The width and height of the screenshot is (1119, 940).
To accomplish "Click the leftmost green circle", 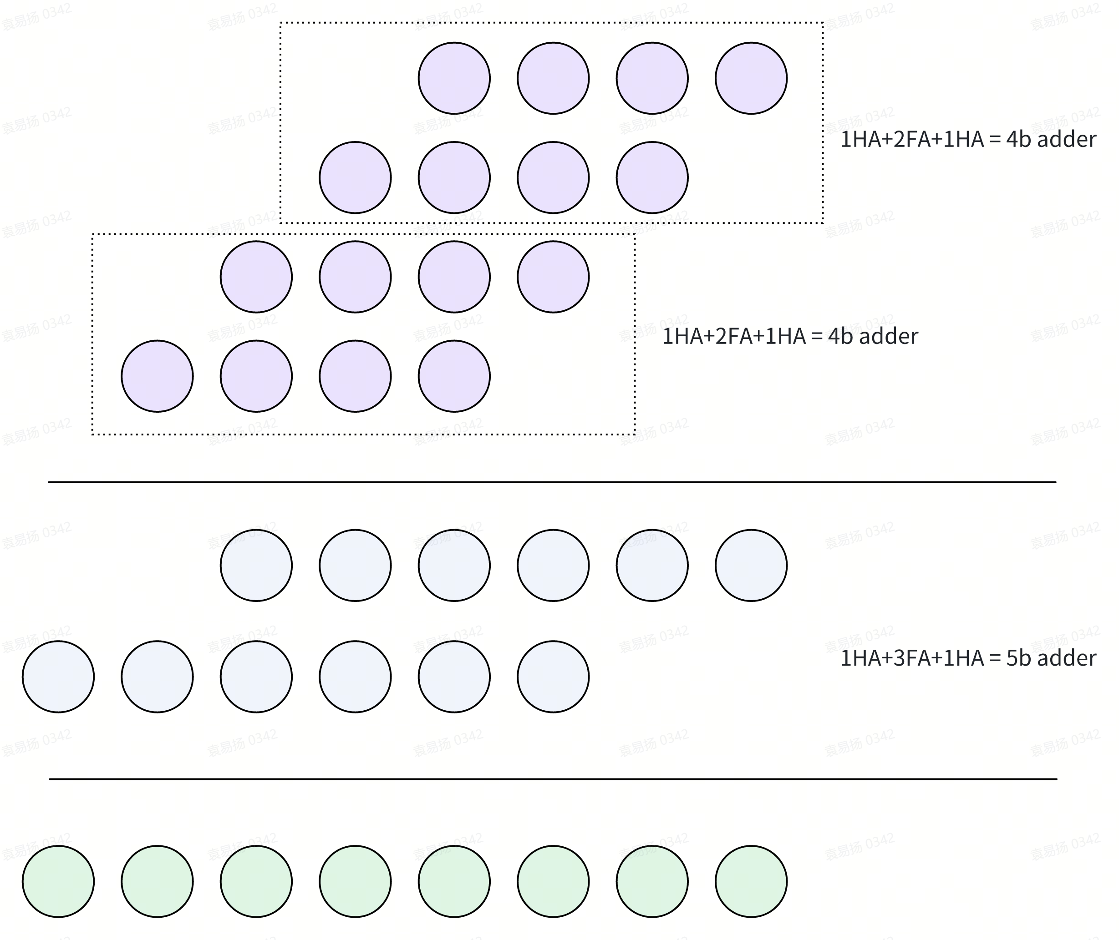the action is [58, 881].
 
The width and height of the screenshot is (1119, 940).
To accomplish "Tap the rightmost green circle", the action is [751, 881].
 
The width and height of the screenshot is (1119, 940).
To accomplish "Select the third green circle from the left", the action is [256, 881].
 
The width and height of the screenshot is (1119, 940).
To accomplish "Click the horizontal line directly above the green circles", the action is [553, 778].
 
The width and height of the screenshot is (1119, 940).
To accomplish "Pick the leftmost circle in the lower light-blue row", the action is [58, 676].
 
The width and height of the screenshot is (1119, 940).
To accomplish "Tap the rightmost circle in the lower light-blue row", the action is [553, 676].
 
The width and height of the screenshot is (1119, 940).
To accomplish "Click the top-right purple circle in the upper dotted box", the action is [751, 78].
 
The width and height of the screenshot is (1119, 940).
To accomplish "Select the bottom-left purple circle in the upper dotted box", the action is [355, 177].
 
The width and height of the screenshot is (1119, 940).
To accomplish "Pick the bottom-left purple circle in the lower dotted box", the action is [157, 376].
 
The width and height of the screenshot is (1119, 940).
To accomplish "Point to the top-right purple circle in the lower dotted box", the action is [553, 277].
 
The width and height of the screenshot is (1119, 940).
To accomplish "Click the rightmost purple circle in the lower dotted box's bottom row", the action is [454, 376].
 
